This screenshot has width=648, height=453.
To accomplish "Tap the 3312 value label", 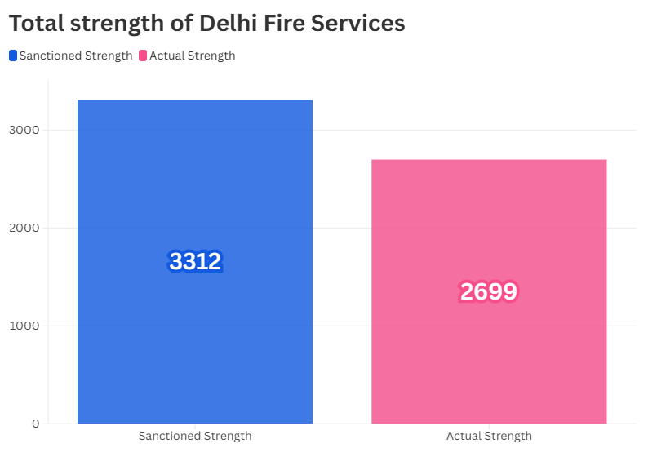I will (195, 261).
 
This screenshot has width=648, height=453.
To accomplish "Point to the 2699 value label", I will (489, 291).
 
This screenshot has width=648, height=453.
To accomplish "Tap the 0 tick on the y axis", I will (36, 424).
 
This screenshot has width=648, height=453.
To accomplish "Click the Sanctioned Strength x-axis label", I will (195, 436).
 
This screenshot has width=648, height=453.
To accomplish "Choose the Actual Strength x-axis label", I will (489, 436).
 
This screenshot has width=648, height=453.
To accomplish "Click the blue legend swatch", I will (13, 56).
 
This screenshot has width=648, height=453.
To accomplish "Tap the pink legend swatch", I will (143, 56).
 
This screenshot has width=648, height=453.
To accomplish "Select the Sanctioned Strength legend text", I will (76, 56).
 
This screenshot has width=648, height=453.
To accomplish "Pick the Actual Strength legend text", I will (193, 56).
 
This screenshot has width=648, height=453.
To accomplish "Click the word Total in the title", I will (37, 23).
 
